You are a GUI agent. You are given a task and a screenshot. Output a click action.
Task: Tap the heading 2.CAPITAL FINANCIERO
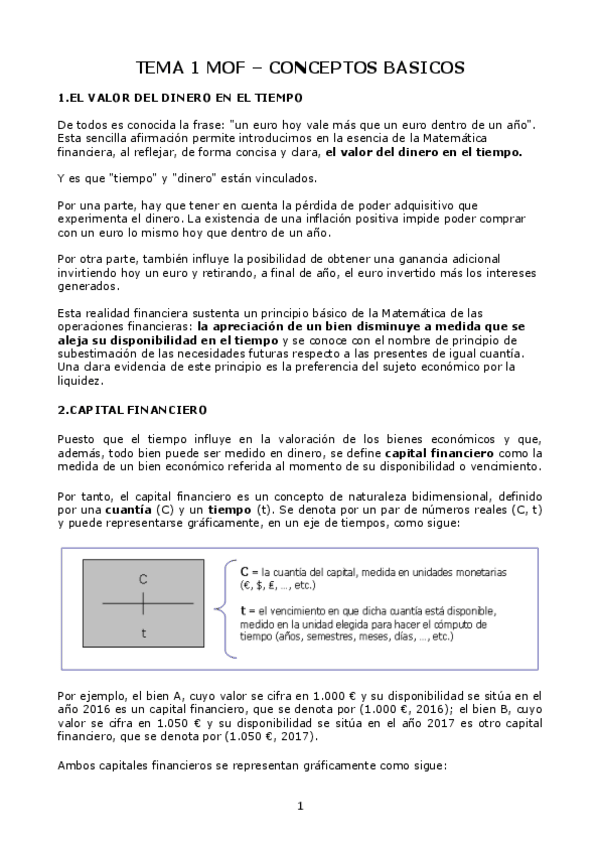(x=132, y=409)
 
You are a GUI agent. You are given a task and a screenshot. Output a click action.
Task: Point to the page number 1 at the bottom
(x=300, y=806)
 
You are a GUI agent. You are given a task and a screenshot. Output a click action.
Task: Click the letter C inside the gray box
(x=143, y=579)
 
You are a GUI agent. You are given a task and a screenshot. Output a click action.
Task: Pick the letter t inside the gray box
(x=143, y=633)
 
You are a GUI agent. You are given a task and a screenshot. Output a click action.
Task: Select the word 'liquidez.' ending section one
(x=81, y=380)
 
